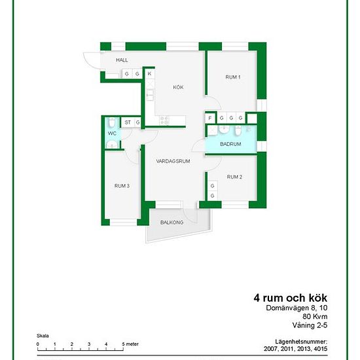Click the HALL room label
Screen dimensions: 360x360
click(122, 60)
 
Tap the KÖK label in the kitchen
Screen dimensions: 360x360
click(178, 87)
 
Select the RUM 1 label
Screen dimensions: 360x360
click(233, 77)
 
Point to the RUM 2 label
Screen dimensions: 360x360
click(234, 177)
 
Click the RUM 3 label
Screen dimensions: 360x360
click(122, 186)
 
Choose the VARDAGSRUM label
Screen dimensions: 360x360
click(173, 161)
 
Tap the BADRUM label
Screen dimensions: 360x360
click(230, 144)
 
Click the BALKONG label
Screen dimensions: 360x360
click(171, 223)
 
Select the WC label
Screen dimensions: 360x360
click(112, 134)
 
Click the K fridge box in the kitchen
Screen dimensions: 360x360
click(150, 74)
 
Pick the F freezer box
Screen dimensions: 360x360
click(210, 118)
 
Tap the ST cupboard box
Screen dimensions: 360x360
click(128, 122)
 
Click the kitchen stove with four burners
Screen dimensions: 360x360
click(164, 120)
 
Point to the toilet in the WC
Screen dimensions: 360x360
click(112, 122)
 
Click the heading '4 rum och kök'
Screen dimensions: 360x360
click(291, 298)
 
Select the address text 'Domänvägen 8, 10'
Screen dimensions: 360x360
click(297, 308)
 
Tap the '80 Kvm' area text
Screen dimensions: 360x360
click(315, 317)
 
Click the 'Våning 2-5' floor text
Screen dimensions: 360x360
click(310, 325)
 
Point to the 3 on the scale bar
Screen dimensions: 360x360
click(89, 344)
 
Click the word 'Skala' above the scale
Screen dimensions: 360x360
click(43, 336)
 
